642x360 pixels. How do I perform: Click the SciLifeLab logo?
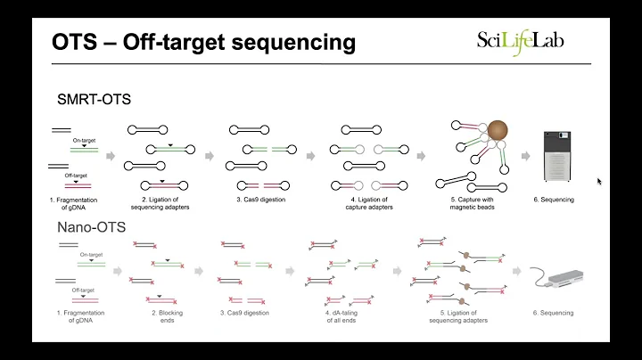tap(520, 40)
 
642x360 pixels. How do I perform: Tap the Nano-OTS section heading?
tap(86, 227)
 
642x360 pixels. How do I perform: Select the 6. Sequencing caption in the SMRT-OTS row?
tap(557, 200)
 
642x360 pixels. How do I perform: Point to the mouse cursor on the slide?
tap(599, 181)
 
